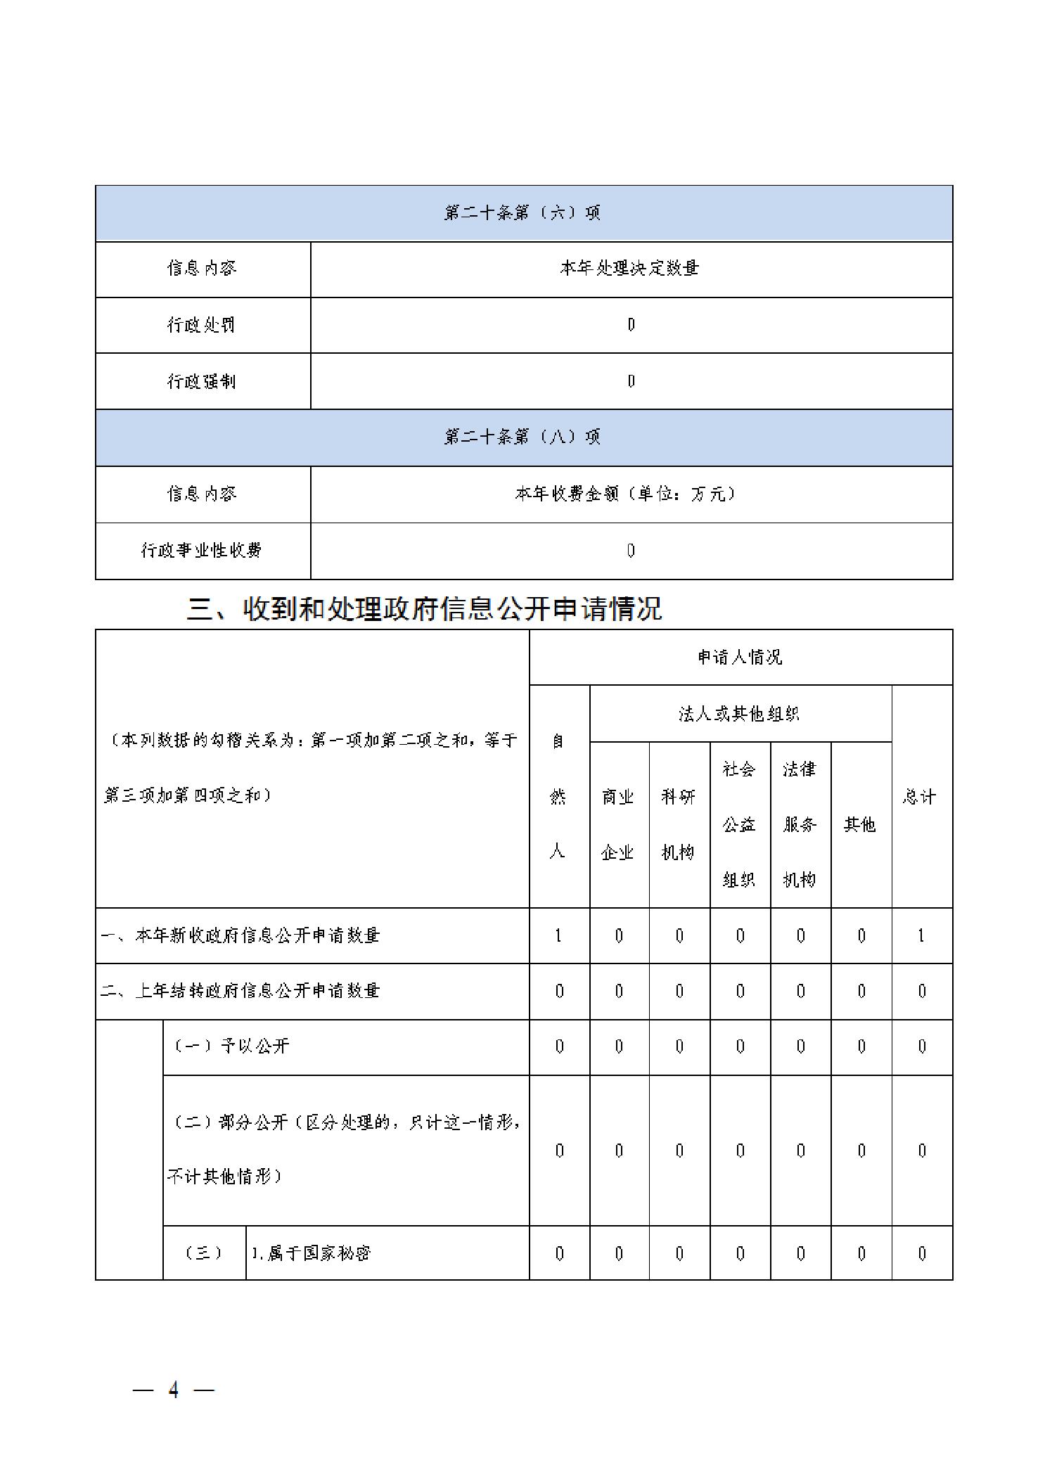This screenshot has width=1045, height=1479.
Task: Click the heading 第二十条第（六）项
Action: coord(522,212)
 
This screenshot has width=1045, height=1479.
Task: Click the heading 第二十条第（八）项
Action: coord(522,437)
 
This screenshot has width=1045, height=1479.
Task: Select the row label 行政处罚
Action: coord(201,324)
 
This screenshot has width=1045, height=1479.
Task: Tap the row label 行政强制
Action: coord(201,380)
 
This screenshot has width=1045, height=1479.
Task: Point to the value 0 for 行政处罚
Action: coord(631,324)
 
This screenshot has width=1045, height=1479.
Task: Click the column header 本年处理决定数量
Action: coord(630,268)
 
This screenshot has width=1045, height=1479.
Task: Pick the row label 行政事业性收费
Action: coord(201,550)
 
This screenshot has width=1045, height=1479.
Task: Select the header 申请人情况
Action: coord(740,657)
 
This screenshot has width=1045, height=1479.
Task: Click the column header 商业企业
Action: coord(618,824)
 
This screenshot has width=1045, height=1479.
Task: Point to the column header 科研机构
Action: coord(679,824)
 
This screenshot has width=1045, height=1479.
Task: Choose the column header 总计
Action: coord(921,797)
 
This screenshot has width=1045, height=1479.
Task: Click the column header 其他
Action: coord(860,824)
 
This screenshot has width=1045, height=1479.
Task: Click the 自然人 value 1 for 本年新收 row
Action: coord(558,935)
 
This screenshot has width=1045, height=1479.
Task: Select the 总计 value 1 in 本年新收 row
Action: coord(921,935)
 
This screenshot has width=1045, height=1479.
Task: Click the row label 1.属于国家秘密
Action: coord(311,1253)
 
